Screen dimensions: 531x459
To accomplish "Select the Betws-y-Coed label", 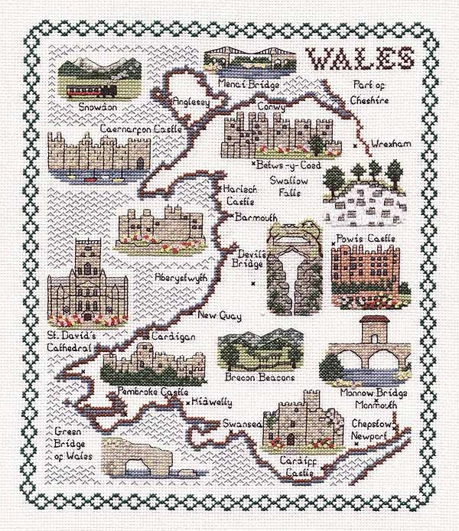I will pos(288,165).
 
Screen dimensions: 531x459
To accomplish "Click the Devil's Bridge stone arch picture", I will pos(291,268).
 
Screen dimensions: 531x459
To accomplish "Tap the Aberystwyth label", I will pos(181,278).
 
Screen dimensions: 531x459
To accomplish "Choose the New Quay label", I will pos(219,315).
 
